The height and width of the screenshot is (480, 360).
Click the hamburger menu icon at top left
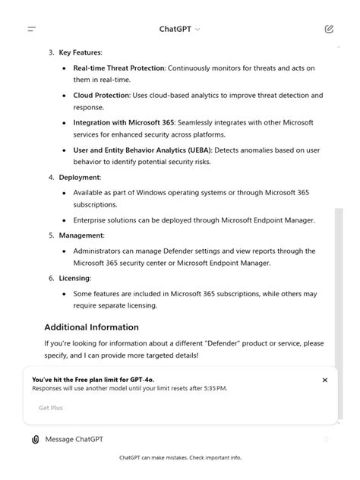coord(32,30)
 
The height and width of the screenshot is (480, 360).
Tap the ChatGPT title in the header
coord(175,30)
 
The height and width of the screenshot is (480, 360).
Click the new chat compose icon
coord(328,30)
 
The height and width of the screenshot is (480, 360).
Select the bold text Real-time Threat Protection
coord(118,68)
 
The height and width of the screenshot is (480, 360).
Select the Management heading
coord(81,235)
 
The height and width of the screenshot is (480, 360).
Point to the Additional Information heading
coord(91,327)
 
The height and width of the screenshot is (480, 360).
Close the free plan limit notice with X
coord(325,380)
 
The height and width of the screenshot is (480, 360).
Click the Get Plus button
coord(51,408)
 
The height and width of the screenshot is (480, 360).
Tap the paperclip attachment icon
coord(35,439)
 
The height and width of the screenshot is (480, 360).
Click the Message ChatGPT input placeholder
coord(74,439)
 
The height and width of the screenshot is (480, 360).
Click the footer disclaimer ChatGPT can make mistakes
coord(180,458)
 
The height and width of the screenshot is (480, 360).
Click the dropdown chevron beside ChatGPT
coord(198,30)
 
